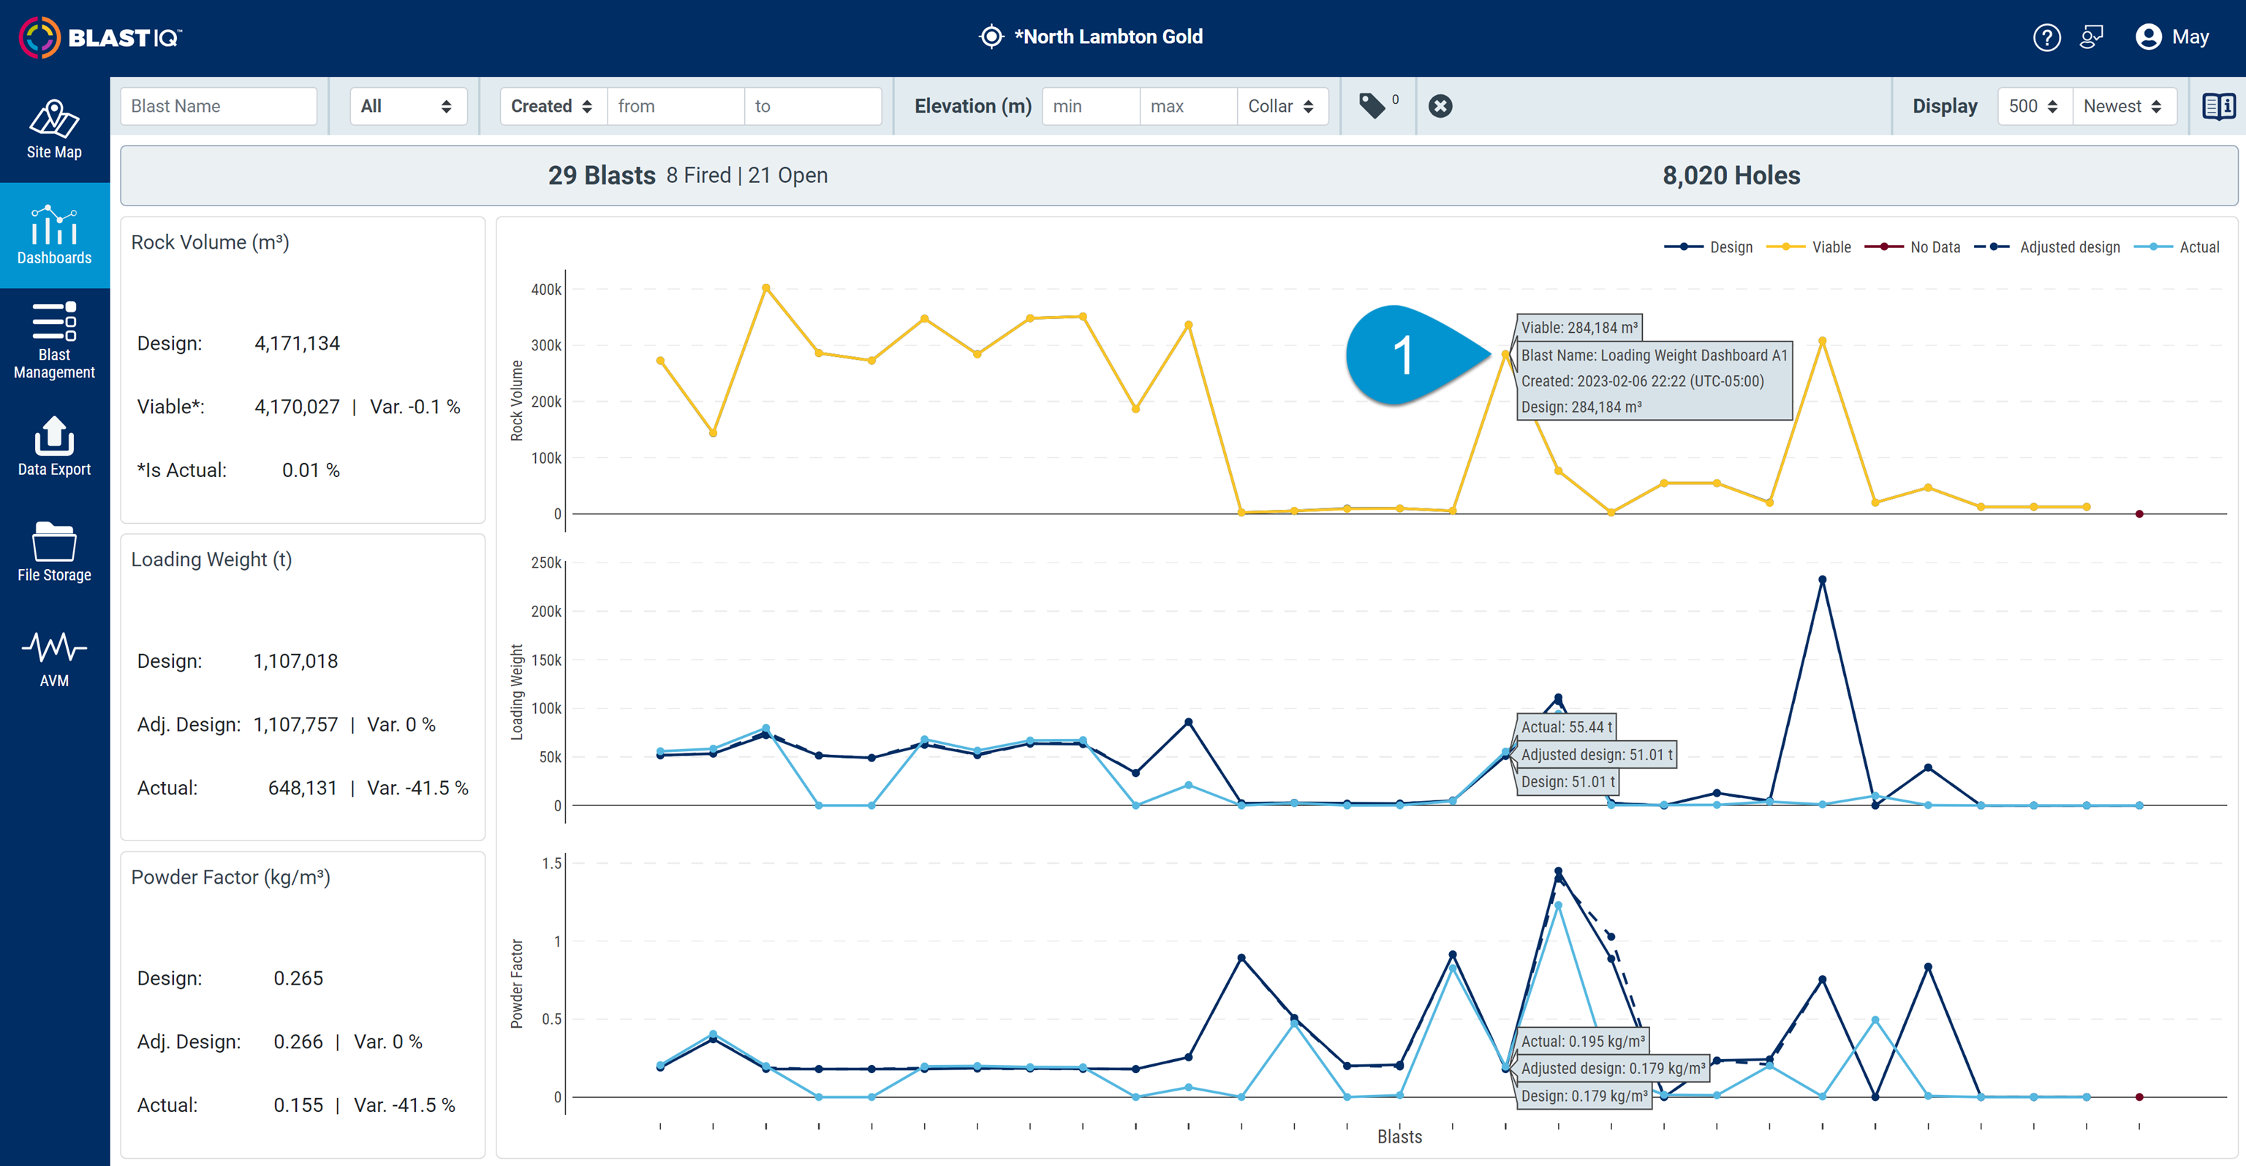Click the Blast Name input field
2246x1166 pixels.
[x=218, y=106]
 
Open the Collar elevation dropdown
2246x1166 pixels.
[x=1280, y=106]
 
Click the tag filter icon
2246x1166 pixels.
[x=1372, y=106]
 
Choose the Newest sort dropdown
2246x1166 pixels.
[x=2121, y=106]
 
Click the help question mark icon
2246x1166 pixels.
[x=2046, y=37]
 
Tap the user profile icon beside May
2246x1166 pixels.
[x=2148, y=37]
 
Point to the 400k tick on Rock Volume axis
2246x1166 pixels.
[x=546, y=290]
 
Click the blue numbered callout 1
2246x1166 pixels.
[x=1403, y=356]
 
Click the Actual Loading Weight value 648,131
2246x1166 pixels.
[x=302, y=789]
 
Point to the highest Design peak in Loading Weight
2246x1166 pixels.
[x=1821, y=580]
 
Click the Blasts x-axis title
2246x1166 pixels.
[x=1399, y=1136]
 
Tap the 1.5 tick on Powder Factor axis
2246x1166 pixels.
[x=551, y=863]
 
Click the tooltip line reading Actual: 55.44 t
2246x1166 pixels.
[x=1566, y=727]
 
